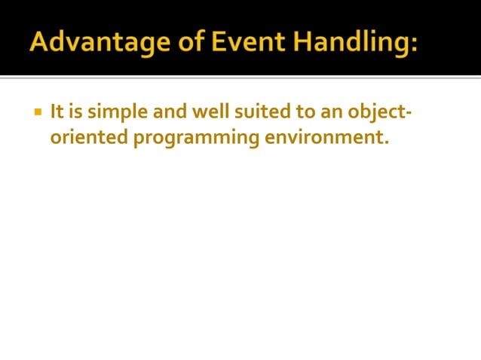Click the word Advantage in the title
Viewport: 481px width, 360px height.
(92, 43)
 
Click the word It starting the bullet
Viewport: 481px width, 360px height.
(57, 113)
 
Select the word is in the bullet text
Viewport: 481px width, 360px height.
(76, 113)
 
